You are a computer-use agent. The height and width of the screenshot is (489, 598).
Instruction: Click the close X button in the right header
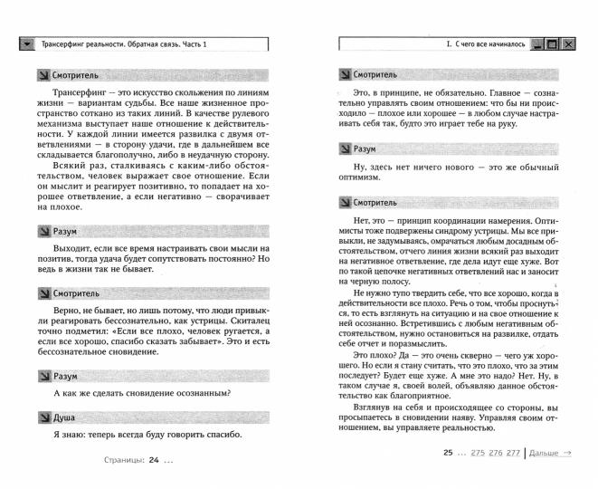tap(568, 44)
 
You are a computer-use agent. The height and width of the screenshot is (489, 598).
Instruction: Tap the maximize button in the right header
tap(552, 44)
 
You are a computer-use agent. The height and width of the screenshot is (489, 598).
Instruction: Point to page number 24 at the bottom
tap(154, 459)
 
